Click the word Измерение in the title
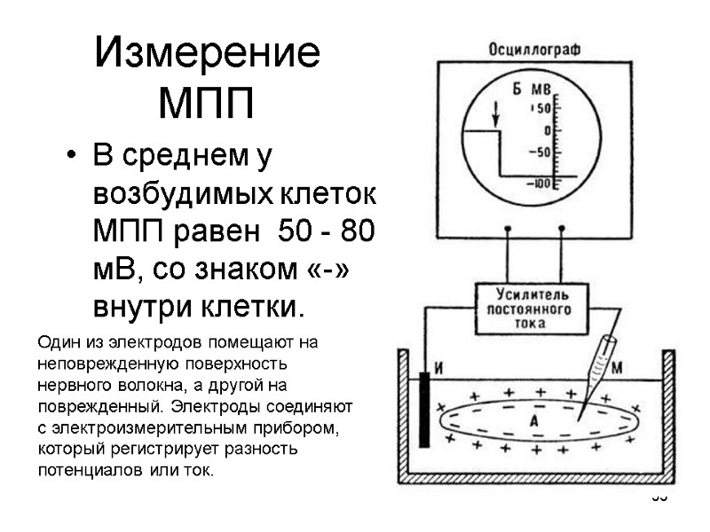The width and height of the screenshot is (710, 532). [x=207, y=55]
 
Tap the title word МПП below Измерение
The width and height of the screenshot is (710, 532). [x=206, y=103]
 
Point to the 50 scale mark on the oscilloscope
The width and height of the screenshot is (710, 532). [x=542, y=108]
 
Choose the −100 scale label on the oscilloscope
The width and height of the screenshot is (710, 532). [x=540, y=184]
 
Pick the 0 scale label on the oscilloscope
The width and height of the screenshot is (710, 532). [x=547, y=130]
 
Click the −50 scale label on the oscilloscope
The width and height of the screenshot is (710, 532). [x=540, y=152]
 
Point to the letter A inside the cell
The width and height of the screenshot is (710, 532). [x=534, y=421]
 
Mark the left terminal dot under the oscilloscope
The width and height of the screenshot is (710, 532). [x=507, y=229]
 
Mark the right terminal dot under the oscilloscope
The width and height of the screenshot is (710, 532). [x=561, y=229]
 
